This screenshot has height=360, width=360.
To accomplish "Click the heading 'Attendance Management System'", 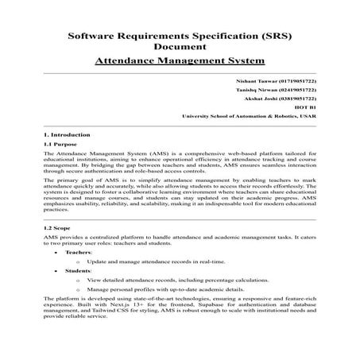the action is point(180,60).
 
